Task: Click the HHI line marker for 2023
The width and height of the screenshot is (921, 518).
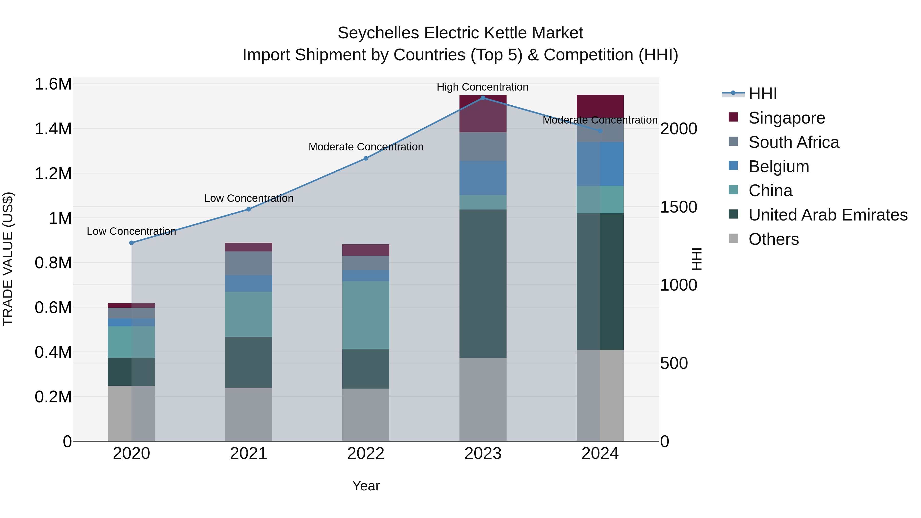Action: (x=483, y=98)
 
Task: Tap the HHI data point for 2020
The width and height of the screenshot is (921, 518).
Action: (x=131, y=243)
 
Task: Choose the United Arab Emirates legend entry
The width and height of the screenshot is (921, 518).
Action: (x=828, y=215)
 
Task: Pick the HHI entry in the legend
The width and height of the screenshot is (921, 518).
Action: (x=762, y=94)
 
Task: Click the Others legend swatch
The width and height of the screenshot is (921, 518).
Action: (x=733, y=238)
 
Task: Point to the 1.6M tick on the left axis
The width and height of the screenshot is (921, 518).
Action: (x=53, y=84)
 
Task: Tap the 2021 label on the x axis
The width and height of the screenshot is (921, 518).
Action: (x=248, y=454)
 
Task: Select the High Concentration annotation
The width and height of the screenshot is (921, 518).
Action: (x=482, y=87)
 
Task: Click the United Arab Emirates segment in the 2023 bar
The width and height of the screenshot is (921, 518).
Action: (x=483, y=283)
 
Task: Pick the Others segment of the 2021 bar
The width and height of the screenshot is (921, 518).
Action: (x=248, y=414)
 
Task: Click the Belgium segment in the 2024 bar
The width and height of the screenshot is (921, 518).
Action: (x=600, y=164)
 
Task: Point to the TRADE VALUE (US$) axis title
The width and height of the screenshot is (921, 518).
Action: (x=8, y=259)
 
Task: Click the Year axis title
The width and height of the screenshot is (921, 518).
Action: (x=366, y=486)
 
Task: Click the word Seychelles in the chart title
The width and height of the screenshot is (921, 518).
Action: (x=378, y=33)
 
